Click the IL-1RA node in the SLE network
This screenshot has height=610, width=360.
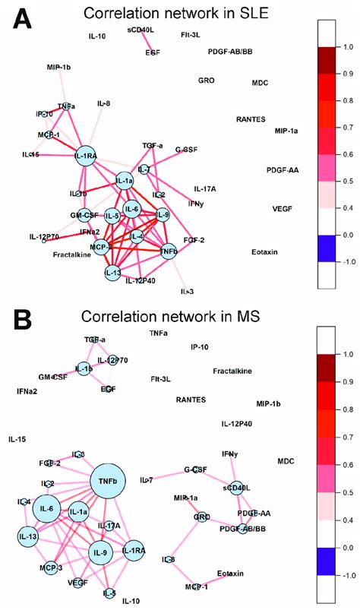(x=85, y=156)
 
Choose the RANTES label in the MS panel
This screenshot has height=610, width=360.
(x=191, y=421)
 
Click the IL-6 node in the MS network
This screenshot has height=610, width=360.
(x=46, y=508)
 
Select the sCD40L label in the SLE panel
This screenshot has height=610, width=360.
(x=141, y=30)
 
